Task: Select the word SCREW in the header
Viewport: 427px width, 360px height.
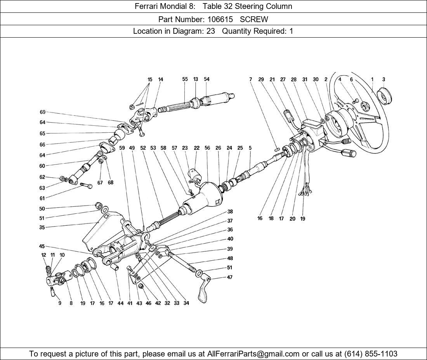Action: point(254,19)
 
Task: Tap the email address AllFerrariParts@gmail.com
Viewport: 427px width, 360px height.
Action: point(253,354)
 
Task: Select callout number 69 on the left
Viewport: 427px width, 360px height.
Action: point(42,112)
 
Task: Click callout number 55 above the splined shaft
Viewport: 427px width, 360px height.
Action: point(185,79)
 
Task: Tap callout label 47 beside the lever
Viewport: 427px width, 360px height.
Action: point(230,277)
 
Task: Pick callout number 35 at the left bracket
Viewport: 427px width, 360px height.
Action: point(42,228)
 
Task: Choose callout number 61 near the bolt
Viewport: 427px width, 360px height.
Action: point(42,198)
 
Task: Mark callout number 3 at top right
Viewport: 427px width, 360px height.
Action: point(384,80)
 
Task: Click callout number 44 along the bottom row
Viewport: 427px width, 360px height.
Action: point(120,303)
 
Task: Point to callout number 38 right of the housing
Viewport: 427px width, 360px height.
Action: point(230,212)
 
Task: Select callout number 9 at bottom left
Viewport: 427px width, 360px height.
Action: point(60,303)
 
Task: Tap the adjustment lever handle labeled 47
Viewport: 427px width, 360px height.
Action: point(203,291)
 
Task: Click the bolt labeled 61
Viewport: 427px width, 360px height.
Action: point(86,186)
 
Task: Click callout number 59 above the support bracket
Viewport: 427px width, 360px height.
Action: point(122,148)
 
